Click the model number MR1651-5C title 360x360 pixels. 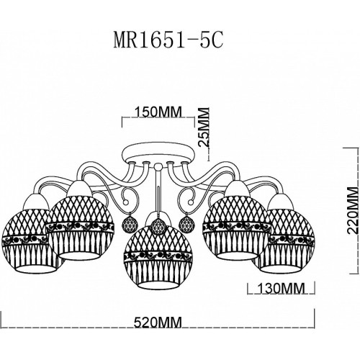pyautogui.click(x=168, y=41)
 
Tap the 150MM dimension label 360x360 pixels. pyautogui.click(x=158, y=112)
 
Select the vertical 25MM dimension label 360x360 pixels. pyautogui.click(x=204, y=127)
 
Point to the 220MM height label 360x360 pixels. pyautogui.click(x=353, y=210)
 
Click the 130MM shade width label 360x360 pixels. pyautogui.click(x=281, y=288)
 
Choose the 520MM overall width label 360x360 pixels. pyautogui.click(x=158, y=322)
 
